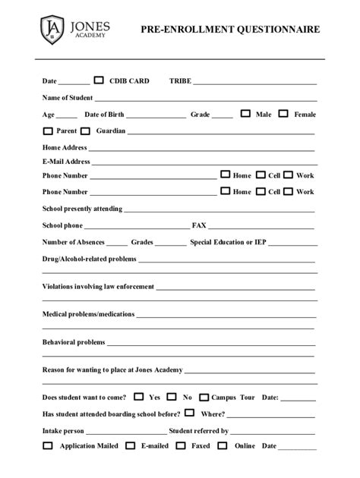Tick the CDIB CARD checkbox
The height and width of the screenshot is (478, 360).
pos(99,80)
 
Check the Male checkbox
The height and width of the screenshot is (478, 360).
pos(245,114)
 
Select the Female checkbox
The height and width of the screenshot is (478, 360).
pos(283,114)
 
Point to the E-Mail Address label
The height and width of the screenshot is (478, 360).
pos(66,162)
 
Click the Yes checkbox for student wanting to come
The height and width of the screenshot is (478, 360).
pos(138,396)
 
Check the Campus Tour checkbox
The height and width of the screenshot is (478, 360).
pos(204,396)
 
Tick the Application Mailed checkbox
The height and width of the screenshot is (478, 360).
pos(47,445)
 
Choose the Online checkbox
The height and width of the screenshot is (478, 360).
pos(224,445)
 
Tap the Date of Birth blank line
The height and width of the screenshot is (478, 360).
pos(156,118)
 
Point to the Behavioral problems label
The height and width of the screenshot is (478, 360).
pos(74,342)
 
